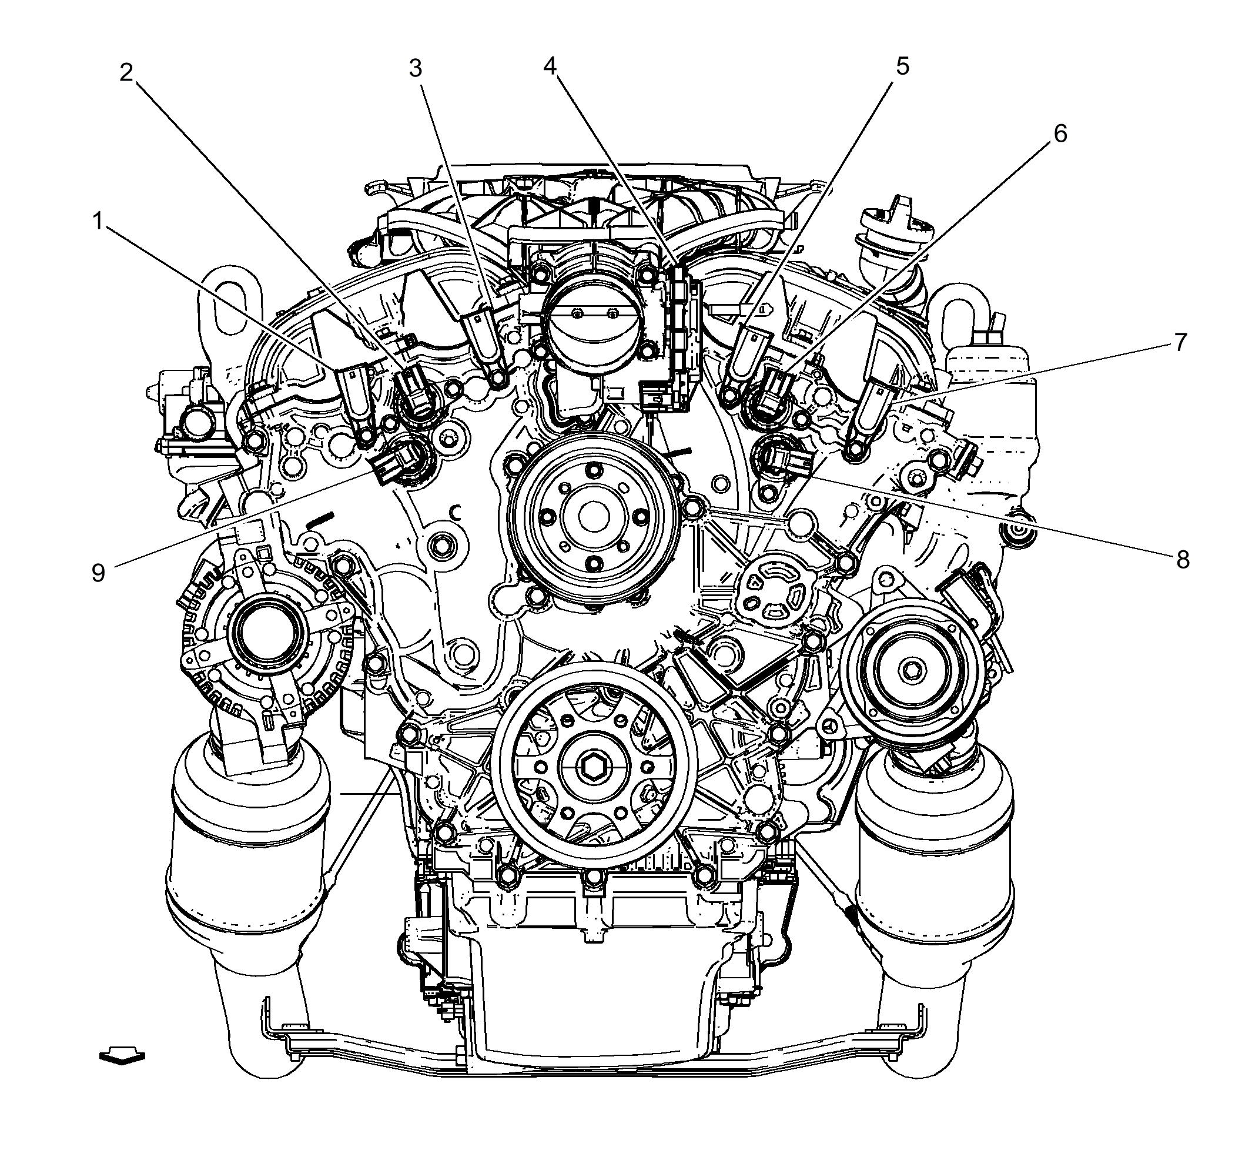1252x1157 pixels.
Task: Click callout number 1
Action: [x=98, y=222]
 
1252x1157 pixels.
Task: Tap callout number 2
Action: [x=126, y=73]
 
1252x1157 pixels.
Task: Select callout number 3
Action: [x=416, y=68]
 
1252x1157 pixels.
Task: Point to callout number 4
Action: [x=550, y=66]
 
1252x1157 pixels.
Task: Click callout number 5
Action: [x=902, y=66]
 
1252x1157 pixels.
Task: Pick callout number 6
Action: [x=1060, y=133]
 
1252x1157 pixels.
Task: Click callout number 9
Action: [x=98, y=573]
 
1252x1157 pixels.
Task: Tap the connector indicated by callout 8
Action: [x=781, y=460]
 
